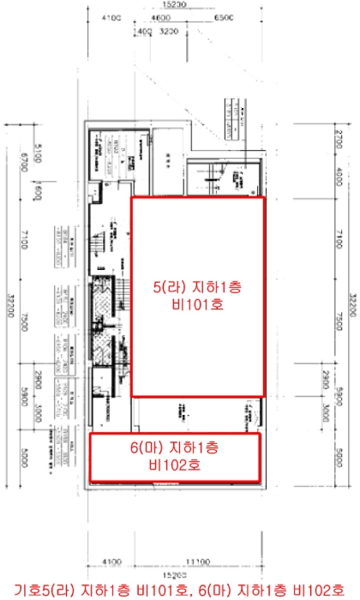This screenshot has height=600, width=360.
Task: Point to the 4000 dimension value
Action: click(x=339, y=180)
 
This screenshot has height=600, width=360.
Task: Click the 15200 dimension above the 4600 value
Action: click(x=173, y=4)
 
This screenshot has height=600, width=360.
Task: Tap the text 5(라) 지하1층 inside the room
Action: click(x=196, y=285)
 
